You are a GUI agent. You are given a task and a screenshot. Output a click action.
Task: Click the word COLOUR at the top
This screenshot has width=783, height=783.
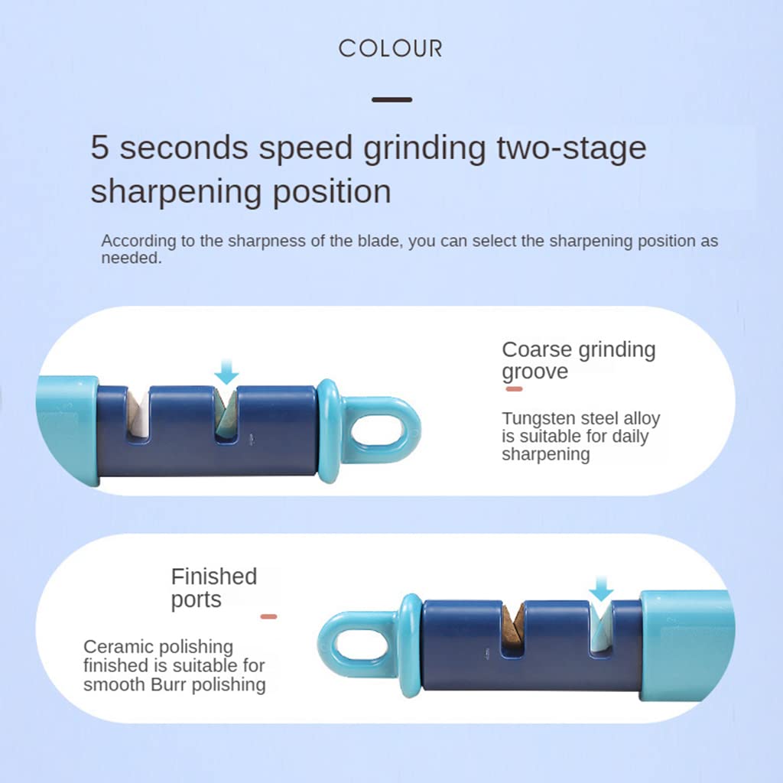[x=391, y=48]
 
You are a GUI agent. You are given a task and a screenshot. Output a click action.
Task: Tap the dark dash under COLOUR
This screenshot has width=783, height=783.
[x=392, y=100]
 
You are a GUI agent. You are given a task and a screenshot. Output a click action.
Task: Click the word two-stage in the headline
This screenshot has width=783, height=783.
[x=571, y=148]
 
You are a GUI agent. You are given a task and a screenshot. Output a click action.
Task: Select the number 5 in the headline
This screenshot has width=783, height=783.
[x=99, y=148]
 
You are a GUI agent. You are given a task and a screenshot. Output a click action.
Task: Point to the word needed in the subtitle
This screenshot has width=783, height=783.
[x=132, y=258]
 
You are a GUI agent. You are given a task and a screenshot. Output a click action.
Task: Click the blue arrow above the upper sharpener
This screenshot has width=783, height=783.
[x=226, y=372]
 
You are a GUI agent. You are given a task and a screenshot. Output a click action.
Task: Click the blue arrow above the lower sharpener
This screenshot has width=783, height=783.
[x=601, y=588]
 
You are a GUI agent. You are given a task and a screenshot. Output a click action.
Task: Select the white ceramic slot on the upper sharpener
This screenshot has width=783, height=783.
[x=138, y=414]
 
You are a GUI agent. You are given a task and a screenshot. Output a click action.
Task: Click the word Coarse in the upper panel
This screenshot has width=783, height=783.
[x=537, y=350]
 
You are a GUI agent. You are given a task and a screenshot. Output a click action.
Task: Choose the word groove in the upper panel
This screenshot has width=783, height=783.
[x=534, y=372]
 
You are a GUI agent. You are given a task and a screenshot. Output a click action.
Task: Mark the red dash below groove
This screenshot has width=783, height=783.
[x=515, y=389]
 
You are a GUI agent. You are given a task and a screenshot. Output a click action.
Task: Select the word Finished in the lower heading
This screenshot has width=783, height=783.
[x=214, y=577]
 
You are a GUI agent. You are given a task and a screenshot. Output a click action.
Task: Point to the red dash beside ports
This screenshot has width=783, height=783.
[x=268, y=617]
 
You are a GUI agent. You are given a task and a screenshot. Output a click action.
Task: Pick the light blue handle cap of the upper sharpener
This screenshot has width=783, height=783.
[x=67, y=430]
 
